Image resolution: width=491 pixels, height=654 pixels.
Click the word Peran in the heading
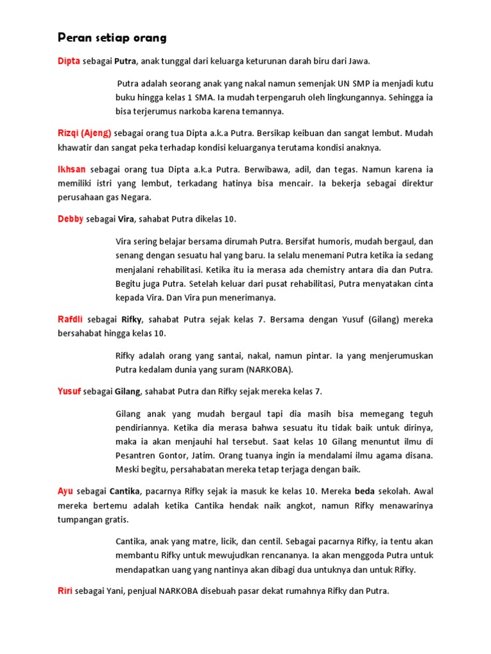71,38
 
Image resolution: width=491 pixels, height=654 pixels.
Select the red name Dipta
69,61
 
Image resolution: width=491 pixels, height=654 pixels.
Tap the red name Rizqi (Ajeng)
84,133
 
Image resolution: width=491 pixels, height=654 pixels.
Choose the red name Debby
70,219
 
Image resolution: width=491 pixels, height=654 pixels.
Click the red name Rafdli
70,319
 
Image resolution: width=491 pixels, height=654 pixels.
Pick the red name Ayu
65,491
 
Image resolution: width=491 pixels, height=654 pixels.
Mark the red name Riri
65,591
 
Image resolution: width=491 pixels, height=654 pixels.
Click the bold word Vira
125,219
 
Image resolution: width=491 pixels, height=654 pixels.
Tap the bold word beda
364,491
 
